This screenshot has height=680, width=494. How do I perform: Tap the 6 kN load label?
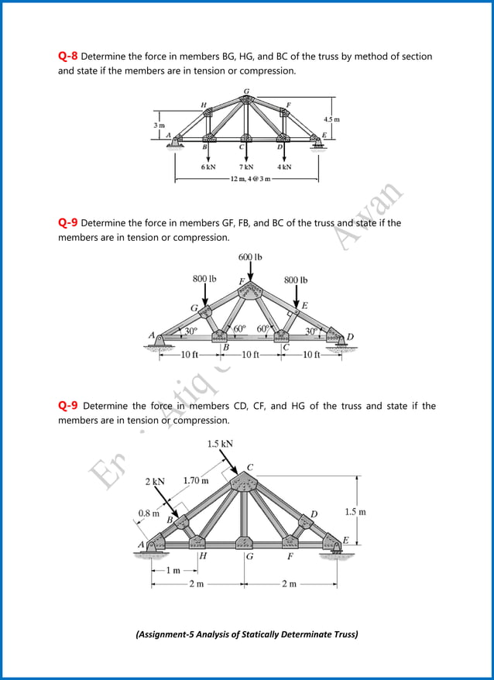coord(208,167)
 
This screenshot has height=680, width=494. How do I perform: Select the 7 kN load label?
coord(247,167)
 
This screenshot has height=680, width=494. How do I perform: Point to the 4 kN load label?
coord(284,167)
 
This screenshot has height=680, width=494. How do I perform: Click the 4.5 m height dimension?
coord(331,119)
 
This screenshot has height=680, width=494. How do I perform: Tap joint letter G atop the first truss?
coord(246,91)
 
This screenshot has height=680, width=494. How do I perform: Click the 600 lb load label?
coord(250,257)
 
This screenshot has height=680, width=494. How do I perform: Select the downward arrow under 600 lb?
coord(250,273)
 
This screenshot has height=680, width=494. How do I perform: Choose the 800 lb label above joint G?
coord(204,278)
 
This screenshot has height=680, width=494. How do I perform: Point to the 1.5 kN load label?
coord(220,444)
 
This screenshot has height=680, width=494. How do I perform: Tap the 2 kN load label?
coord(155,481)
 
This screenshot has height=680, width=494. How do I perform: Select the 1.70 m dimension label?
coord(195,480)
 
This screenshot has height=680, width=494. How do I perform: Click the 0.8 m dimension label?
coord(149,513)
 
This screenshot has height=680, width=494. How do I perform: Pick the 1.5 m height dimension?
coord(355,512)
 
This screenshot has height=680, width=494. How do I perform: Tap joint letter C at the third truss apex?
coord(249,466)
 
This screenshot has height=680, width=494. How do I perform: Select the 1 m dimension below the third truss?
coord(175,570)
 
